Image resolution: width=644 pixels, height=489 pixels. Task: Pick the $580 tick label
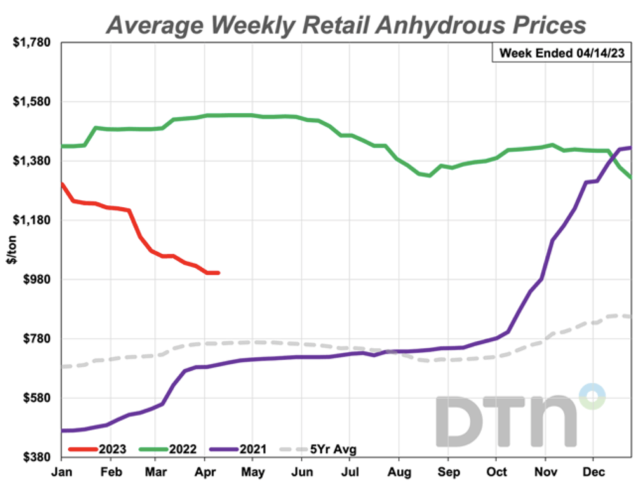[37, 398]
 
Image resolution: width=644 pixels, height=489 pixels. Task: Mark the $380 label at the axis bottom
[37, 457]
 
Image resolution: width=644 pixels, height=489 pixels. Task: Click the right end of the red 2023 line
[218, 273]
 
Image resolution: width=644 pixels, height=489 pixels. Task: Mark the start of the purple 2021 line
[62, 431]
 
